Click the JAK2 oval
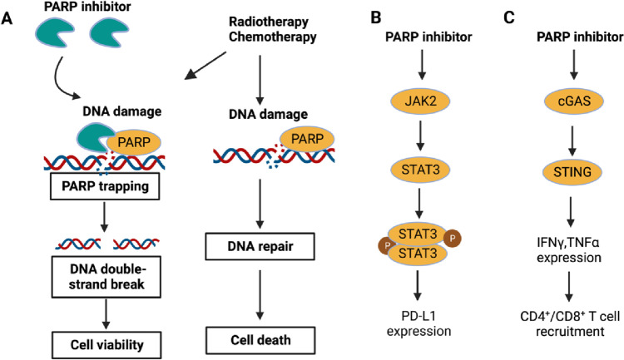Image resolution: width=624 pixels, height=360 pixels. tap(421, 101)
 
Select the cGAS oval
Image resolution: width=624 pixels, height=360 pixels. tap(574, 101)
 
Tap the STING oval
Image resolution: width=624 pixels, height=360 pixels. tap(572, 172)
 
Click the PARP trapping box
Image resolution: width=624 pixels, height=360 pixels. tap(105, 186)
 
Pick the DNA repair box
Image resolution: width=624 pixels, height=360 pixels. tap(260, 247)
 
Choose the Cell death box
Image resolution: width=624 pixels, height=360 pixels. tap(260, 340)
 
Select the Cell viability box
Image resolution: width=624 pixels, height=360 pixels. tap(106, 344)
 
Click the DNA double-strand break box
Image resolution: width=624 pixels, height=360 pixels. tap(106, 277)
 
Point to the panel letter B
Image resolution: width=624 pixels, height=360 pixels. tap(376, 17)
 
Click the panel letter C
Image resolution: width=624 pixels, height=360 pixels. tap(509, 17)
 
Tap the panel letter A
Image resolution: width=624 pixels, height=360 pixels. tap(7, 18)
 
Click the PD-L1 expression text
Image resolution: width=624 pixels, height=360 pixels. tap(418, 323)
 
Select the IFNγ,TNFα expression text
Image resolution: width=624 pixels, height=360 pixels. tap(569, 249)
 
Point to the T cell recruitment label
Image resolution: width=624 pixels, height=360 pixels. tap(570, 323)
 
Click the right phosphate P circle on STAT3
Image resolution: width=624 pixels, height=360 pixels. tap(452, 239)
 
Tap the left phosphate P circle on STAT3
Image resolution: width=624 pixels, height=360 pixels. tap(387, 245)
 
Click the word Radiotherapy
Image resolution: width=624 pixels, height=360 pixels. tap(269, 22)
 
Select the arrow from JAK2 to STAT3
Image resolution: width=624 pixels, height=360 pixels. tap(420, 136)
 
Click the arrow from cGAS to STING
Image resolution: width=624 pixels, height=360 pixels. tap(572, 141)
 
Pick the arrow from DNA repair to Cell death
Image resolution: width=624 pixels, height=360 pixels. tap(260, 295)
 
